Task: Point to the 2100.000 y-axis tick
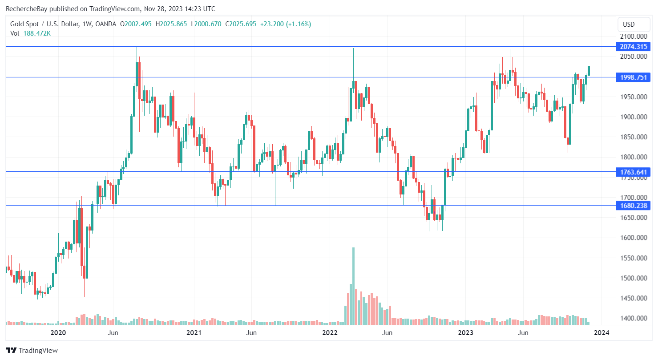[634, 36]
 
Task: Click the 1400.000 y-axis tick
[634, 318]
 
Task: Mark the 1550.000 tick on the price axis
[634, 258]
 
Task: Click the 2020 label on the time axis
[58, 333]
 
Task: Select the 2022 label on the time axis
[330, 333]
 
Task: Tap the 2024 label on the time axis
[602, 333]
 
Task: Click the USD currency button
[629, 24]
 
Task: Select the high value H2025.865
[171, 24]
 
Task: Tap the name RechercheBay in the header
[29, 8]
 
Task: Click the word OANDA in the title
[105, 24]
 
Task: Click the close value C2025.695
[240, 24]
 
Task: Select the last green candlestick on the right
[589, 70]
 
